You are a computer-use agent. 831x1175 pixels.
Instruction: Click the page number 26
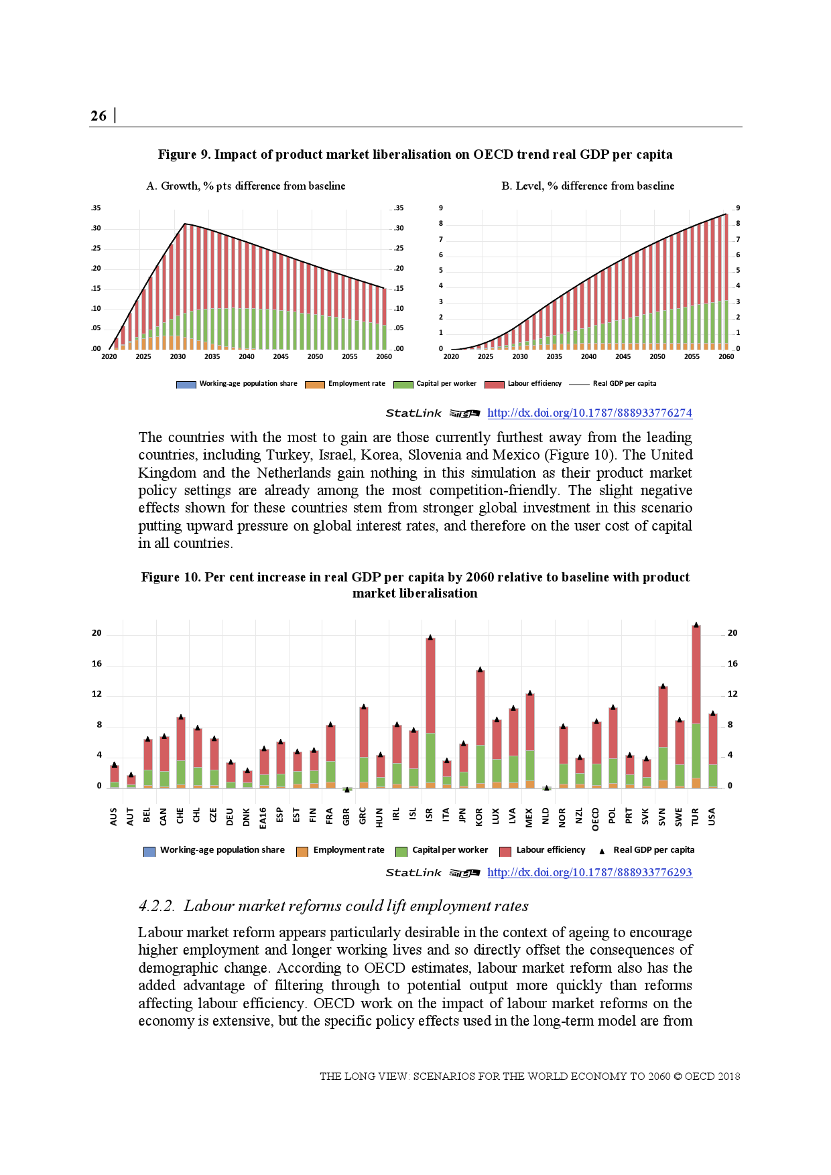[99, 116]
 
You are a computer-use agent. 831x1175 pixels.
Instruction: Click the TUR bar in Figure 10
[696, 703]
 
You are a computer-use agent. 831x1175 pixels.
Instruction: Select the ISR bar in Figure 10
[430, 710]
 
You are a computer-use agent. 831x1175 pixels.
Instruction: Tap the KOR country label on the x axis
[479, 817]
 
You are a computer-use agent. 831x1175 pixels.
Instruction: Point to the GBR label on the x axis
[346, 817]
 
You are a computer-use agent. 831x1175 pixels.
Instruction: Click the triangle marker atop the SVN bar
[663, 686]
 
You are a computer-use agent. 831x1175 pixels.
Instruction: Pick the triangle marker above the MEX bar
[529, 693]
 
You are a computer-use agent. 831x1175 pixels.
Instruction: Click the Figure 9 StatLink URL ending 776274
[589, 413]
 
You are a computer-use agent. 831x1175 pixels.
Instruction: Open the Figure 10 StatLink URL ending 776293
[589, 872]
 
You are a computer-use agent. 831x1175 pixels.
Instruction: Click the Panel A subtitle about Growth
[246, 186]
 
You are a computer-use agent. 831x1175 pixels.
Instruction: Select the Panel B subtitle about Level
[588, 186]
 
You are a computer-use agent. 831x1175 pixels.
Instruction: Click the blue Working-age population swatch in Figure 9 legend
[186, 385]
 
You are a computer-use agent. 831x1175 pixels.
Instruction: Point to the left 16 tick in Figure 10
[97, 664]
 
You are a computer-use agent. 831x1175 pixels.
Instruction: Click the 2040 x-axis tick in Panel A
[247, 357]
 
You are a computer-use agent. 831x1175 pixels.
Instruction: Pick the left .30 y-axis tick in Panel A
[97, 228]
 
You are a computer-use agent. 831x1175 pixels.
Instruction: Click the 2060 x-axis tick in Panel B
[726, 357]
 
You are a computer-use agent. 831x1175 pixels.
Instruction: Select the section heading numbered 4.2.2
[333, 906]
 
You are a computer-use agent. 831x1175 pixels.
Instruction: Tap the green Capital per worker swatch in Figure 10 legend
[401, 851]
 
